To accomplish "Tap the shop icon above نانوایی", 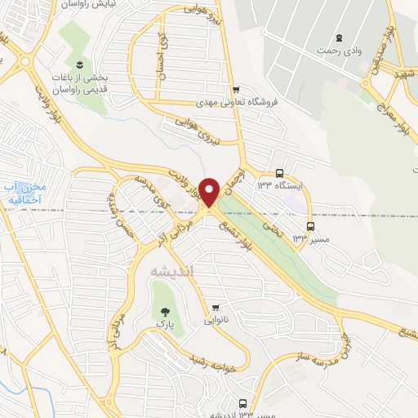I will point(216,308).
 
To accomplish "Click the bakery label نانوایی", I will point(216,321).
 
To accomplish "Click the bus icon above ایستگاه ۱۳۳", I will point(279,173).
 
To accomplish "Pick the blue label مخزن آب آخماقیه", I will point(24,193).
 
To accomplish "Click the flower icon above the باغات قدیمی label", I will point(79,64).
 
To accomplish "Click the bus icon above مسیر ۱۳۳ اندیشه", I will point(242,403).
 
